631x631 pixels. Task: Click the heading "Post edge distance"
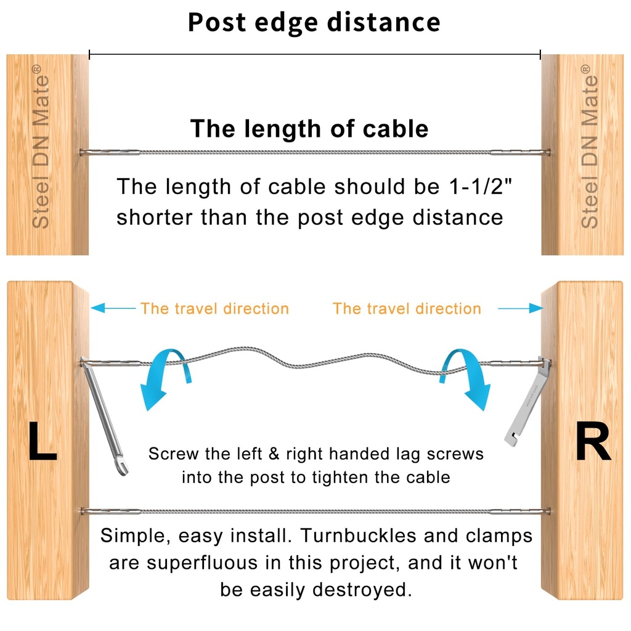coord(314,23)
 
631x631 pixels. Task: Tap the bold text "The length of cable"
coord(309,129)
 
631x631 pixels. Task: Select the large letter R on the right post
coord(592,442)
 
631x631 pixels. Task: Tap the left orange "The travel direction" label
coord(214,309)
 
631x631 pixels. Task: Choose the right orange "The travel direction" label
coord(407,309)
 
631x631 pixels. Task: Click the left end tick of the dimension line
coord(90,55)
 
